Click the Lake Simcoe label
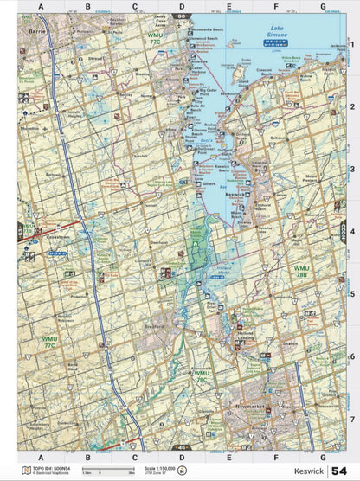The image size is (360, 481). click(x=274, y=31)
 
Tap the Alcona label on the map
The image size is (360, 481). click(x=173, y=82)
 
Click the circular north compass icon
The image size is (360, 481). click(x=180, y=470)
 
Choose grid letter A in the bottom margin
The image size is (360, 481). click(x=40, y=456)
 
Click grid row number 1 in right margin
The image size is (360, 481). click(x=352, y=44)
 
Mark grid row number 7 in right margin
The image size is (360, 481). click(x=352, y=419)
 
